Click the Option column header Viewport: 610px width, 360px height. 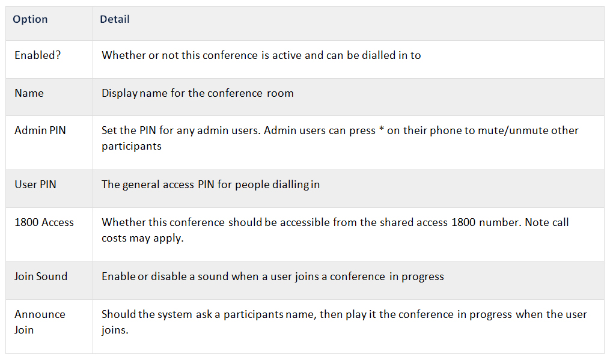30,19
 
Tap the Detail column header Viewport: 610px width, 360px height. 115,19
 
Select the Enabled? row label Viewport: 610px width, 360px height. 38,55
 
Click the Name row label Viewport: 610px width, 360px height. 29,93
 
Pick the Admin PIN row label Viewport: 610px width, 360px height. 40,130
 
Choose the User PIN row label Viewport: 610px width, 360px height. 35,184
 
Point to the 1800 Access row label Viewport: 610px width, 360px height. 44,222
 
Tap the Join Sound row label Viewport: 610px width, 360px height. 41,276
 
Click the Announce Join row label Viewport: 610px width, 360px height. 40,322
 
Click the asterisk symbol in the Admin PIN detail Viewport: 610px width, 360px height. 382,129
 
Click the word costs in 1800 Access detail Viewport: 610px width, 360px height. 114,238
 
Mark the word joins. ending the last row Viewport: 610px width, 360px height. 115,330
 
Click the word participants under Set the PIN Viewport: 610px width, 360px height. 132,146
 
